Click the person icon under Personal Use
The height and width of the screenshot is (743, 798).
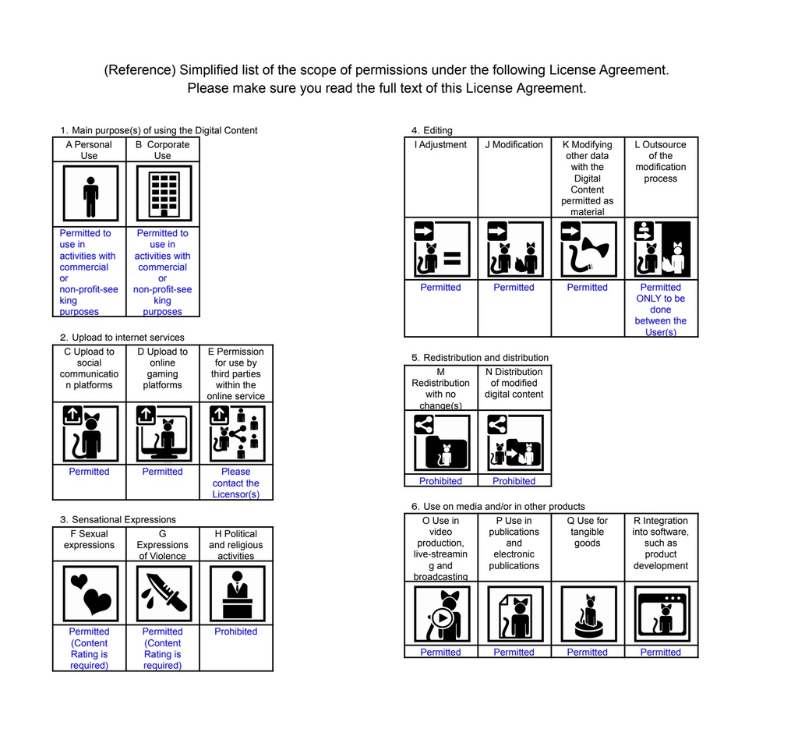(x=90, y=194)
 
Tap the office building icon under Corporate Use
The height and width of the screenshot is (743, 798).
(x=163, y=194)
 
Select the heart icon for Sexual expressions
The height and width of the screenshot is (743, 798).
(x=90, y=593)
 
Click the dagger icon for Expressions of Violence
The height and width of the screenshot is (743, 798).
(x=163, y=593)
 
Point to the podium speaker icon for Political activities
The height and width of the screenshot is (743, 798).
(x=236, y=593)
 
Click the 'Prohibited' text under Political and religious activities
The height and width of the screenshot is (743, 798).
(x=236, y=632)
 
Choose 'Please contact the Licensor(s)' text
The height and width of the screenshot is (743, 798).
(x=236, y=483)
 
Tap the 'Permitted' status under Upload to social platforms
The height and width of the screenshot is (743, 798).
(x=89, y=472)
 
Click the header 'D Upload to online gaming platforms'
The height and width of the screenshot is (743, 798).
(x=163, y=368)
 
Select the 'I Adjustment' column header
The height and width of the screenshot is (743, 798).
(x=441, y=145)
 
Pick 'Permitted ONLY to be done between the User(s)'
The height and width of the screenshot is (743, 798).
(x=661, y=310)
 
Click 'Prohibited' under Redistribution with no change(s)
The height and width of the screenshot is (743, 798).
(x=441, y=481)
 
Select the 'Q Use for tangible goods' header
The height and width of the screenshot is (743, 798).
(x=588, y=532)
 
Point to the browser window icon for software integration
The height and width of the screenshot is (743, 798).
(x=662, y=614)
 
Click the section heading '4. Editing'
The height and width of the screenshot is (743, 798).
(x=432, y=130)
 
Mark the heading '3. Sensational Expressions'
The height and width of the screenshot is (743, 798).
(x=118, y=519)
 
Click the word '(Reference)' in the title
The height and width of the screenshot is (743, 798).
(x=139, y=70)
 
